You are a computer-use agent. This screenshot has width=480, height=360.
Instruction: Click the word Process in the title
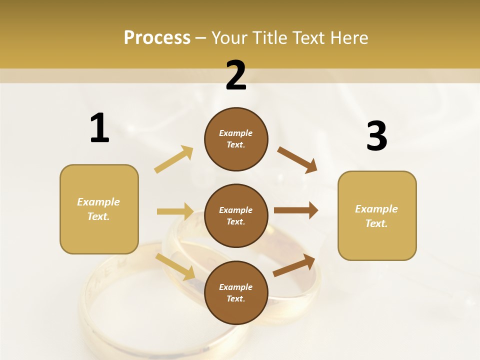click(x=157, y=38)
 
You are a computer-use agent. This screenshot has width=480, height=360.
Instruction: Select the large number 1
click(x=99, y=128)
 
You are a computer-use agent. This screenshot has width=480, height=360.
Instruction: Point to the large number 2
click(x=236, y=75)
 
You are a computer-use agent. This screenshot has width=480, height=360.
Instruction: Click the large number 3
click(x=376, y=136)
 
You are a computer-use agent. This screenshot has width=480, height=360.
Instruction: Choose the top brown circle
click(x=236, y=139)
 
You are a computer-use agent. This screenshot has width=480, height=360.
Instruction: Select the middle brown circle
click(x=236, y=215)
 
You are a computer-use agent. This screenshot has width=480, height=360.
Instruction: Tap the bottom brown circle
click(x=236, y=292)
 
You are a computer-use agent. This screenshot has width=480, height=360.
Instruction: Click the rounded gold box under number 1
click(x=99, y=209)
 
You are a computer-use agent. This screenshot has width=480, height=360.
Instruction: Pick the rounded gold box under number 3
click(x=377, y=215)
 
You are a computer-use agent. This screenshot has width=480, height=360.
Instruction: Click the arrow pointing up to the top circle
click(x=174, y=159)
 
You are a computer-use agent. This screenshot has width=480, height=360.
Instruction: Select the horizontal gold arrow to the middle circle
click(x=175, y=211)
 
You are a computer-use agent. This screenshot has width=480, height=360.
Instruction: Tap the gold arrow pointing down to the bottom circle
click(x=175, y=267)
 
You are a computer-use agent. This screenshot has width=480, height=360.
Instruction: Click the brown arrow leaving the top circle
click(x=297, y=159)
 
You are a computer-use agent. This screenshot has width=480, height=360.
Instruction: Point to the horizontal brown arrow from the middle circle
click(x=295, y=210)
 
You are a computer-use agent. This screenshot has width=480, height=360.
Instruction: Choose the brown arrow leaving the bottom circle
click(x=294, y=265)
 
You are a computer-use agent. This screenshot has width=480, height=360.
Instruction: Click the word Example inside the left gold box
click(x=98, y=202)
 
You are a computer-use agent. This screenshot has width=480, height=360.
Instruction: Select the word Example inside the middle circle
click(x=235, y=210)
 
